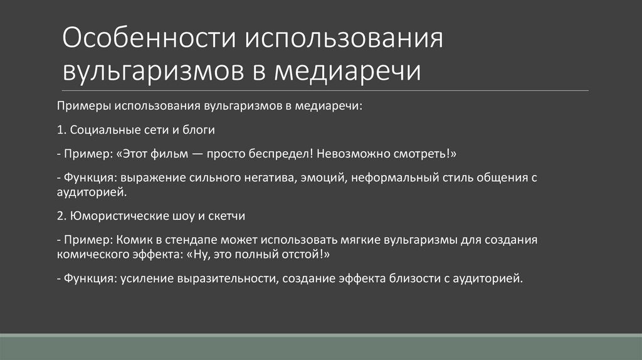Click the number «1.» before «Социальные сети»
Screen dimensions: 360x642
(60, 130)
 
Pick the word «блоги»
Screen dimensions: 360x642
(199, 130)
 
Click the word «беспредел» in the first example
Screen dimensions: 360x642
(273, 154)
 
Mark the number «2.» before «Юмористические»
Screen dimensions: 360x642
(60, 216)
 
